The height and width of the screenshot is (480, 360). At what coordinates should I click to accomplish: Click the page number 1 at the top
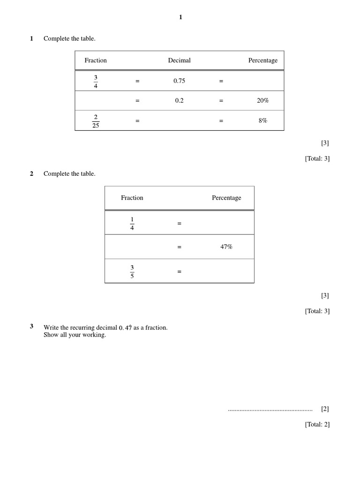pyautogui.click(x=180, y=17)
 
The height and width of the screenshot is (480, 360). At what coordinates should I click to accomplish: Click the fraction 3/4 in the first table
pyautogui.click(x=96, y=81)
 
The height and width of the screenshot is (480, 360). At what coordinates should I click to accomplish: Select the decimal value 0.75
pyautogui.click(x=179, y=81)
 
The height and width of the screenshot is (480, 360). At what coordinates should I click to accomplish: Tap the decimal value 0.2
pyautogui.click(x=179, y=100)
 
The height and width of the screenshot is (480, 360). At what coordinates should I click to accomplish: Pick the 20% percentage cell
pyautogui.click(x=262, y=100)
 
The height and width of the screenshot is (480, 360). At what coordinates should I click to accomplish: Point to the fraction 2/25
pyautogui.click(x=96, y=121)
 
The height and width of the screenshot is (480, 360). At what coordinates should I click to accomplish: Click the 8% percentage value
pyautogui.click(x=262, y=120)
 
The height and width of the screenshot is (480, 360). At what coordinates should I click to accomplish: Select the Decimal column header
pyautogui.click(x=179, y=60)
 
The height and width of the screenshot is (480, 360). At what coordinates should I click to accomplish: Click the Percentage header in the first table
pyautogui.click(x=262, y=60)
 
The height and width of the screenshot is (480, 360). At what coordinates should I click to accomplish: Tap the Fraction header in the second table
pyautogui.click(x=132, y=198)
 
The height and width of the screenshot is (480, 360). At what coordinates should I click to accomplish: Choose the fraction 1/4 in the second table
pyautogui.click(x=132, y=224)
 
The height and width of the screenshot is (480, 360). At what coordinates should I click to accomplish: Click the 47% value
pyautogui.click(x=226, y=247)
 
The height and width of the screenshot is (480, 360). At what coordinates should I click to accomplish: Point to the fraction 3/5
pyautogui.click(x=132, y=271)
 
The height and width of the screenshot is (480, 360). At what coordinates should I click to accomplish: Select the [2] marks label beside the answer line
pyautogui.click(x=325, y=409)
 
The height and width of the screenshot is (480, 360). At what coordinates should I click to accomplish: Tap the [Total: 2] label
pyautogui.click(x=317, y=424)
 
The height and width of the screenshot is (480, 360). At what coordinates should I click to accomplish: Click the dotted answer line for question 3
pyautogui.click(x=270, y=410)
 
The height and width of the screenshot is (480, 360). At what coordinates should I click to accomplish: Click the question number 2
pyautogui.click(x=32, y=174)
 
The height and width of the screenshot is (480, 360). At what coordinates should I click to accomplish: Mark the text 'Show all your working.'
pyautogui.click(x=75, y=335)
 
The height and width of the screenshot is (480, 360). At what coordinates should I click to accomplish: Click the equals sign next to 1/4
pyautogui.click(x=179, y=224)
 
